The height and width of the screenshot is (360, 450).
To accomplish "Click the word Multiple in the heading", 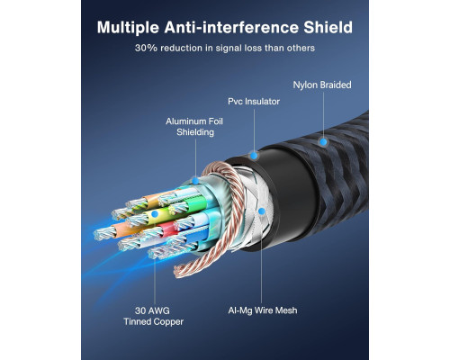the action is [x=128, y=28].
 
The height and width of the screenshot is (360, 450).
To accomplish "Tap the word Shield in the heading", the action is [x=328, y=27].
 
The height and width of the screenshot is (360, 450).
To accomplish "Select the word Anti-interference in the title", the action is [x=231, y=27].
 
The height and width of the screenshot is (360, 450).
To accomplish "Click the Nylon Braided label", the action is [x=322, y=85].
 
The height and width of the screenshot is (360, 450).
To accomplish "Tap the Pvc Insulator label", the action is [x=254, y=102].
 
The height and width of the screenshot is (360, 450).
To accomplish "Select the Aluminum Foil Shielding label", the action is [x=194, y=127].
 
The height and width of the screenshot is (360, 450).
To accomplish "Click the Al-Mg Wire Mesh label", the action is [x=263, y=310].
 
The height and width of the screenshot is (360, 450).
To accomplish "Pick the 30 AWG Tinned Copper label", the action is [x=153, y=316].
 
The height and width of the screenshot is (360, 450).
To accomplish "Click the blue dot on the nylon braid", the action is [x=323, y=141].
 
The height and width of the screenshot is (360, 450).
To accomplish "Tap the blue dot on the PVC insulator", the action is [x=254, y=156].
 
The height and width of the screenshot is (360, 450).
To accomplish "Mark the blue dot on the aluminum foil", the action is [x=195, y=181].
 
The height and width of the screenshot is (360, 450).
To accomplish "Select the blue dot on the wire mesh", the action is [x=262, y=211].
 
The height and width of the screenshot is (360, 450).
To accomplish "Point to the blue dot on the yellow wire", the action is [x=155, y=214].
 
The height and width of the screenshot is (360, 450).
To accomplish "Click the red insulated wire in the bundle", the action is [x=168, y=229].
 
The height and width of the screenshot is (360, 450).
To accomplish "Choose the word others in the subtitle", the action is [x=301, y=48].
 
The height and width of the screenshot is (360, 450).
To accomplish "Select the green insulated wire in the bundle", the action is [x=196, y=203].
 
